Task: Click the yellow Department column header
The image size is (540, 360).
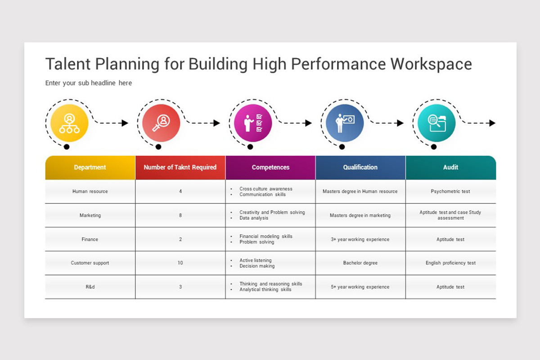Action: [x=90, y=167]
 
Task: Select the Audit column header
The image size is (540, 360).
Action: [x=450, y=167]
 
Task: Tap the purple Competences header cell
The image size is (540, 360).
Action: [x=270, y=167]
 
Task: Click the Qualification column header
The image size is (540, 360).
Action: [x=360, y=167]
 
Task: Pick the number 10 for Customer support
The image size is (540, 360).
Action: [x=180, y=263]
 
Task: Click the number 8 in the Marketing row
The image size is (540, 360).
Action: [x=180, y=216]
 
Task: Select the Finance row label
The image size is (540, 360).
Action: [x=90, y=239]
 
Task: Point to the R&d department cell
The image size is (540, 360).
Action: [x=90, y=287]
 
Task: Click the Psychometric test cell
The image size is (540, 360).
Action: [x=450, y=191]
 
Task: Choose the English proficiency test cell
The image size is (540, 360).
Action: [x=450, y=263]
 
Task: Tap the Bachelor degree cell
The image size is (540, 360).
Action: [x=360, y=263]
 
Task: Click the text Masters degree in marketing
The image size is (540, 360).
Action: [x=360, y=216]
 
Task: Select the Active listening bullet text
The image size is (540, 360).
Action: [x=256, y=260]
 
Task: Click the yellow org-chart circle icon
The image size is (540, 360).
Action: [x=69, y=123]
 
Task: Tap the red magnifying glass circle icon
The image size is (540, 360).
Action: [x=161, y=123]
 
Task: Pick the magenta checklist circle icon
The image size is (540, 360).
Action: [x=253, y=123]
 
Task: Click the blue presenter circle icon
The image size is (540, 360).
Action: [x=345, y=123]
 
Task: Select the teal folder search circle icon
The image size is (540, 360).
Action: [x=436, y=123]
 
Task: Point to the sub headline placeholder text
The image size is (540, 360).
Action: [x=89, y=83]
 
